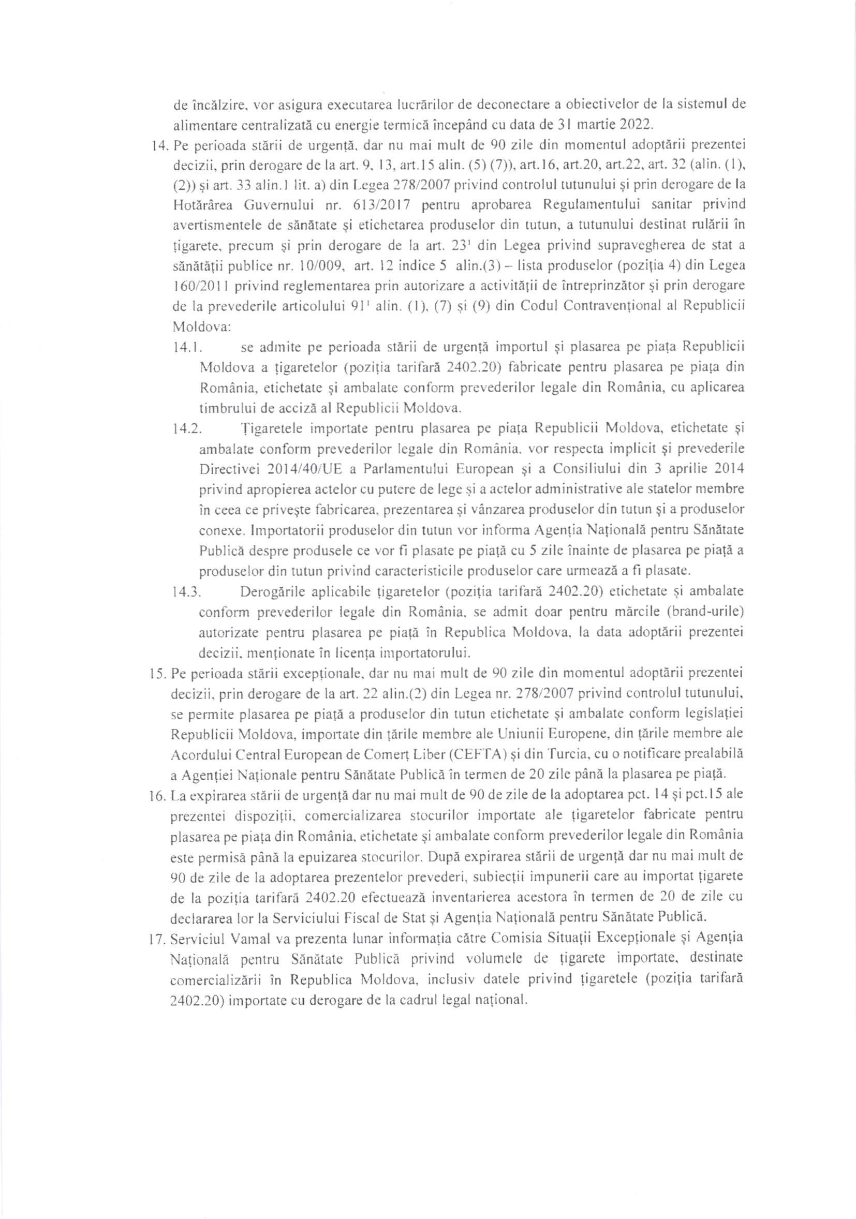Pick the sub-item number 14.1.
click(186, 348)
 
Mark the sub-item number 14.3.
click(186, 591)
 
